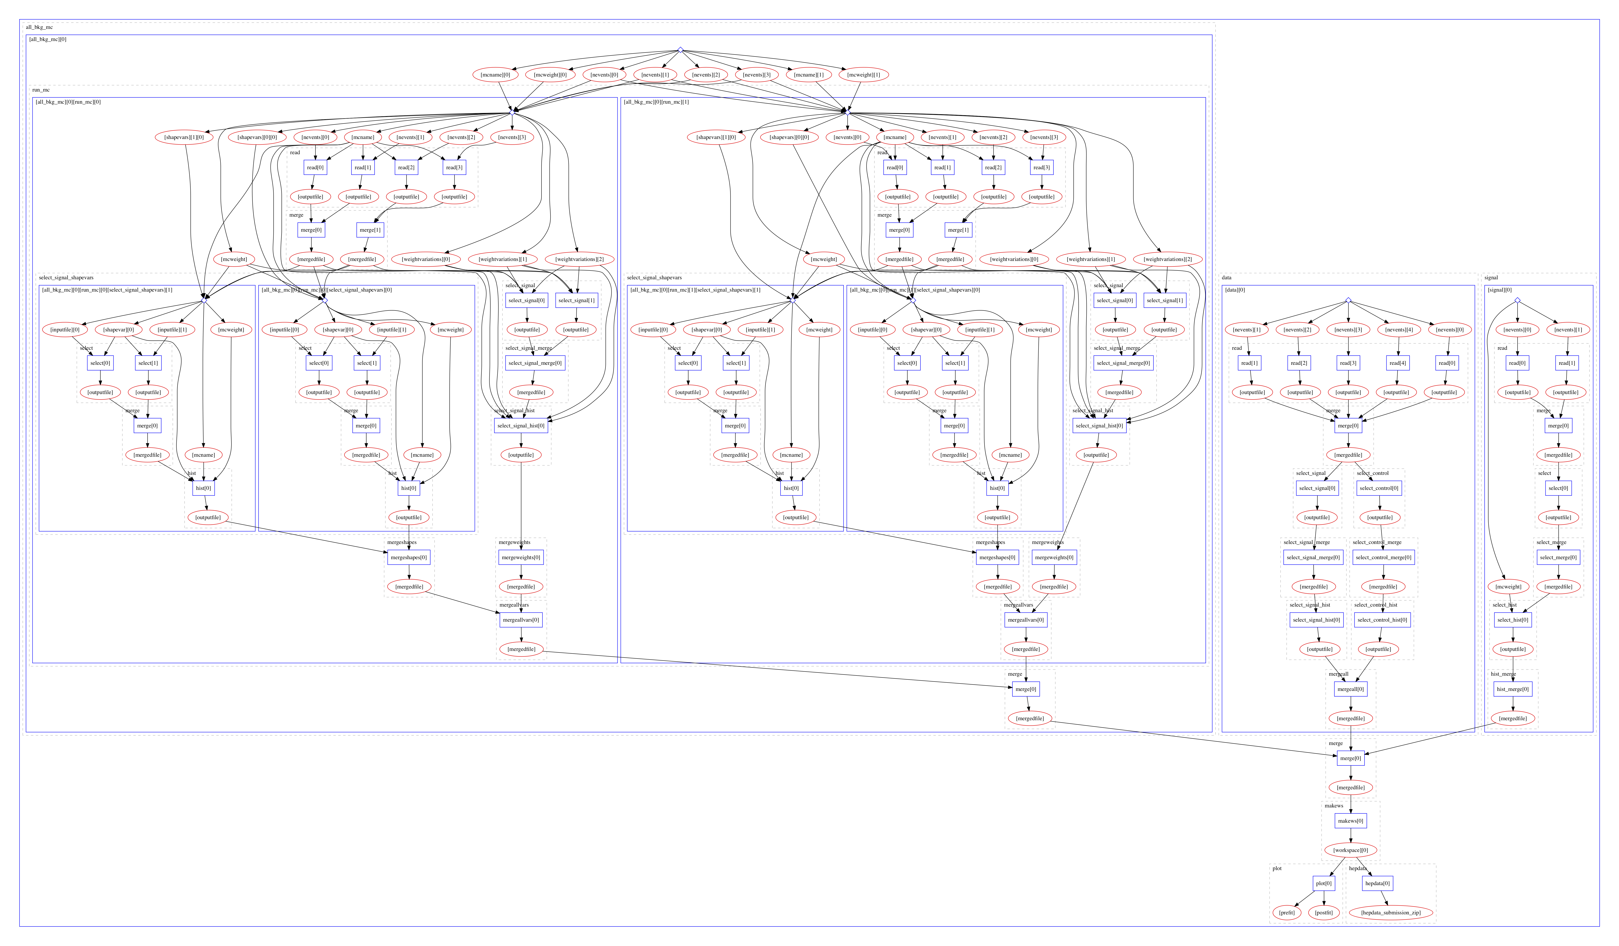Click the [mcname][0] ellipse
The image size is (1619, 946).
click(495, 75)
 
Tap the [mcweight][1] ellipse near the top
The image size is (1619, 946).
click(863, 75)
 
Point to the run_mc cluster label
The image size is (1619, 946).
click(41, 90)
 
